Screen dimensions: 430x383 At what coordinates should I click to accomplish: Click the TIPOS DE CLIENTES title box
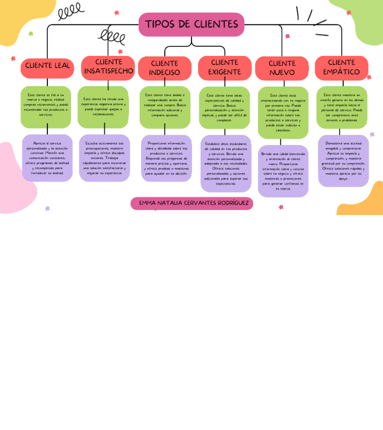[191, 24]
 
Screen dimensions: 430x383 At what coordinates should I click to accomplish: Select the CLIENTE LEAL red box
[47, 66]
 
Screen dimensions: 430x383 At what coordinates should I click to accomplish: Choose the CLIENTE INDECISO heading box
[165, 68]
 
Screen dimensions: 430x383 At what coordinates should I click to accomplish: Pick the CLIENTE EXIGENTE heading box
[224, 67]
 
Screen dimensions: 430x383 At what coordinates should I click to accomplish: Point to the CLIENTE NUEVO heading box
[282, 68]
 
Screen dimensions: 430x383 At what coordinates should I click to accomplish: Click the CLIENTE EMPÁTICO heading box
[342, 67]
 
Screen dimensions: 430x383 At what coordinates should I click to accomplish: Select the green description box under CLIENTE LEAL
[46, 106]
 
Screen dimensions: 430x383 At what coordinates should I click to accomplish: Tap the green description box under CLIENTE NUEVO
[283, 112]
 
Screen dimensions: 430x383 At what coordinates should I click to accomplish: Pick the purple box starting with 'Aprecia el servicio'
[47, 158]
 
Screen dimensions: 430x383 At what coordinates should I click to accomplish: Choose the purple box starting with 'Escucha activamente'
[104, 158]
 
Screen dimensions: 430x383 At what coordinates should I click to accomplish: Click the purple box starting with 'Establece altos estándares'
[225, 163]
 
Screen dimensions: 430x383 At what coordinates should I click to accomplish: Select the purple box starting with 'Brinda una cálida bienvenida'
[283, 171]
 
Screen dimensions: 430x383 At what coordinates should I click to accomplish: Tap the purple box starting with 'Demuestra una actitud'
[343, 161]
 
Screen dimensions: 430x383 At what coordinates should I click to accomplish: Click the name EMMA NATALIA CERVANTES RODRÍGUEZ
[192, 203]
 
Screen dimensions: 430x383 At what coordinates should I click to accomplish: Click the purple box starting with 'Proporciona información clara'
[166, 158]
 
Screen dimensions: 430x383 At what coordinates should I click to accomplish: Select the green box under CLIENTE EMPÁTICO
[342, 107]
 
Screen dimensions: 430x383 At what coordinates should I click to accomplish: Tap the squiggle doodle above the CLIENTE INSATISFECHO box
[112, 36]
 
